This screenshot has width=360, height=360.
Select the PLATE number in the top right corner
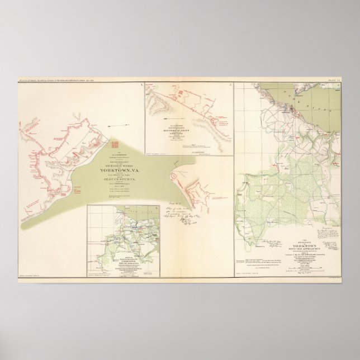click(333, 80)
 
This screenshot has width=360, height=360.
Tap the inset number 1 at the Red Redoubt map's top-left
click(144, 85)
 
